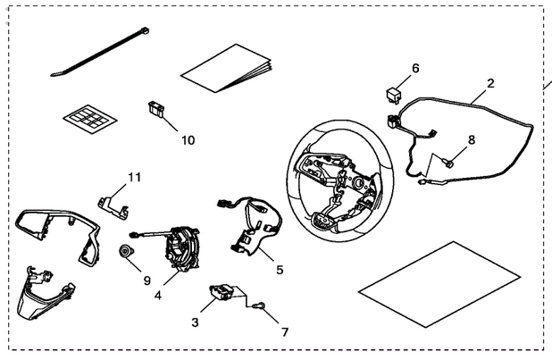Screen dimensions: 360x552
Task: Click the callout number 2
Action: click(489, 86)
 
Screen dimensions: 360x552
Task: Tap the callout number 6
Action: click(414, 69)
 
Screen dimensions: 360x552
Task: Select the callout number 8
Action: click(472, 139)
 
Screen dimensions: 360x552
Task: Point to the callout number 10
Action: click(188, 139)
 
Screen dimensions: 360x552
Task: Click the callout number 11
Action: click(134, 177)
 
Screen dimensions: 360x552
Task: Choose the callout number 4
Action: click(158, 293)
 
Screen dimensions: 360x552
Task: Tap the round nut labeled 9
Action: click(126, 251)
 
